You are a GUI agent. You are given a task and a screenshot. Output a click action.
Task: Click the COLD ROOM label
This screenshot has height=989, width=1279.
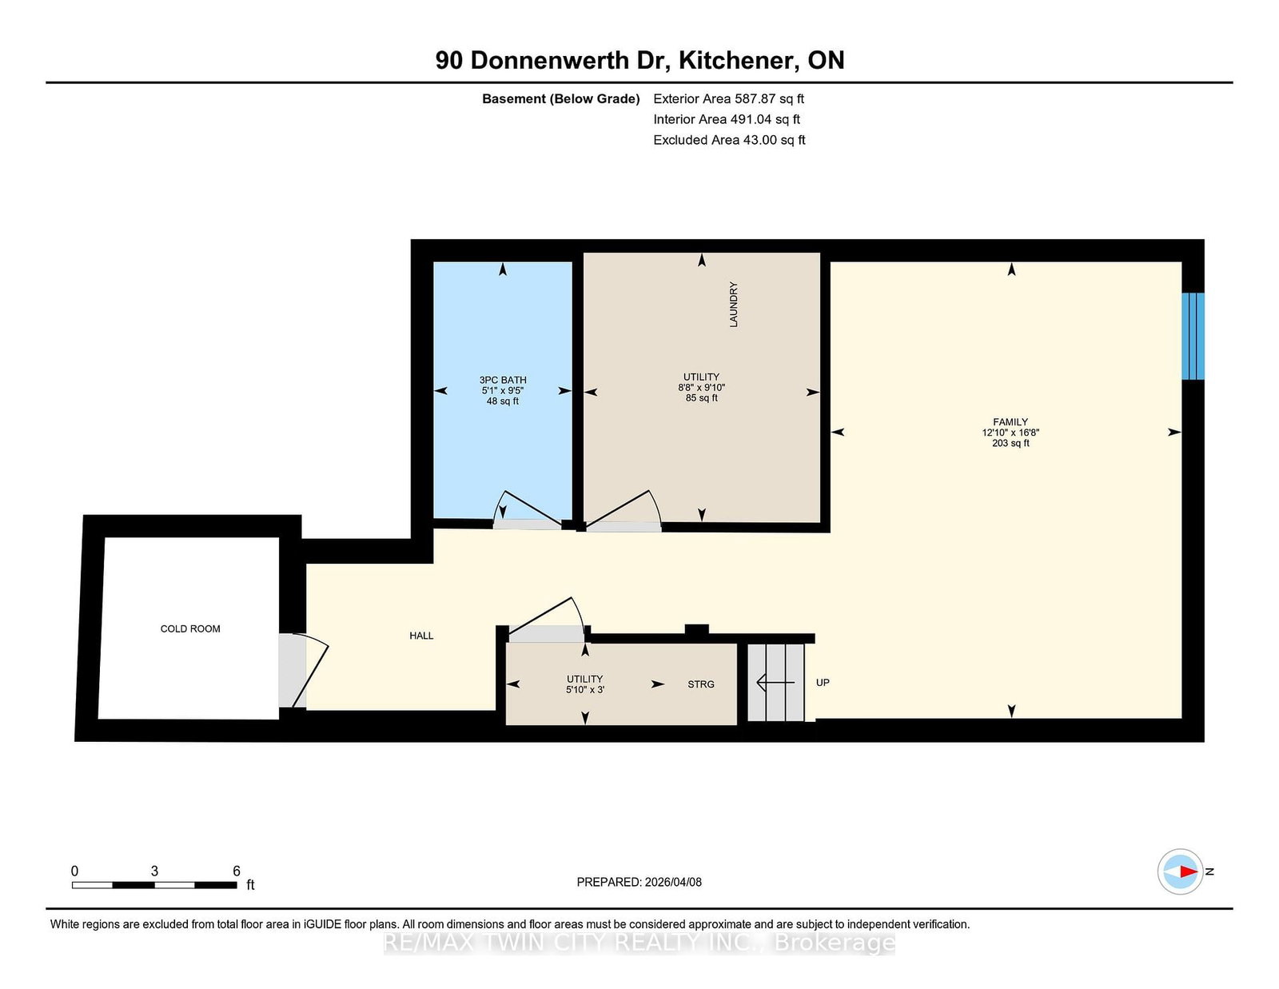(190, 628)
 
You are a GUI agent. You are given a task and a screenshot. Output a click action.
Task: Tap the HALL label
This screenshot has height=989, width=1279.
(421, 636)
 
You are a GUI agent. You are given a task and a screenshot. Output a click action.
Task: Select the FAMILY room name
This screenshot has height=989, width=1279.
(1010, 422)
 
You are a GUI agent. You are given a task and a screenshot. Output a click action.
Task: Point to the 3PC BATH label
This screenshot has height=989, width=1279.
(503, 381)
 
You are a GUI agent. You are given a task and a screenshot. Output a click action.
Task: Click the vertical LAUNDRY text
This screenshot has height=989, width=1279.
(733, 305)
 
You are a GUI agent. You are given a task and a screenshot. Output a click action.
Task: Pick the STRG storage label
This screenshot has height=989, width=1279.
(701, 684)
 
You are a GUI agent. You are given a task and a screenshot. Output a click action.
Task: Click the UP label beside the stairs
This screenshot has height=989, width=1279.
(823, 682)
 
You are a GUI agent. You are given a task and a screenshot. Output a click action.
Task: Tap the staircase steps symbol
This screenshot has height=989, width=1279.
(775, 682)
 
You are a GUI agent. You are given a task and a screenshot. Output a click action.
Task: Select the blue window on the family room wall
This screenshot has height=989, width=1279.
(1193, 336)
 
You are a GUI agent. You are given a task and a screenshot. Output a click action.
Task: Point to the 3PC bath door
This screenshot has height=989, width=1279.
(528, 510)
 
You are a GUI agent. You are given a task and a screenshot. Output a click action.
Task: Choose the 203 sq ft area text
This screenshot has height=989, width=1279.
(1010, 443)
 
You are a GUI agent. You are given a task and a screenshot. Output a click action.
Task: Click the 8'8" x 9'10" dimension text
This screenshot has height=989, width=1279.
(702, 387)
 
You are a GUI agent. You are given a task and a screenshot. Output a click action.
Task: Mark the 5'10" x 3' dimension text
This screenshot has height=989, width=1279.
(585, 689)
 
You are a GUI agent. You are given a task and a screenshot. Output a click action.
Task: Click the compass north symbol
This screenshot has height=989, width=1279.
(1180, 871)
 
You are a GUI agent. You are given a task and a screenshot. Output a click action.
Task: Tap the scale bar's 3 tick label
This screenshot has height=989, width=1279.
(154, 871)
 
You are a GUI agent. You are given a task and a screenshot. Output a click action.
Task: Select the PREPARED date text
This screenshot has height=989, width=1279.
(639, 882)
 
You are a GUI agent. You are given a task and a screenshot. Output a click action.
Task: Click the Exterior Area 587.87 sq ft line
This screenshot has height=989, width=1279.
(729, 99)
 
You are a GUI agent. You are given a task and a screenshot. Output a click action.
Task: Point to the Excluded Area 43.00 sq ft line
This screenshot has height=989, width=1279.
(729, 140)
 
